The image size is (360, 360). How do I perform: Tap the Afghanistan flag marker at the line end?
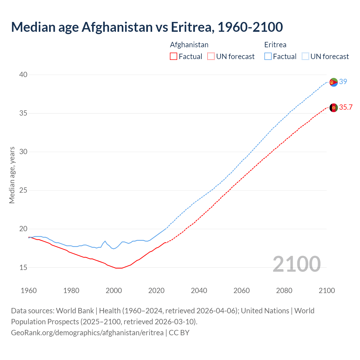(334, 107)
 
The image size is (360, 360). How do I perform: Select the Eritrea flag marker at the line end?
(334, 82)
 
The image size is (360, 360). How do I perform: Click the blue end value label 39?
(343, 82)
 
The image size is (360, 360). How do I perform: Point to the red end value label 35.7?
(346, 107)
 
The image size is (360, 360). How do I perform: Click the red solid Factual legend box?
(174, 57)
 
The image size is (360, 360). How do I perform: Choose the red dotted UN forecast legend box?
(211, 57)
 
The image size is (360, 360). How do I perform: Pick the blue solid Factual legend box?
(268, 57)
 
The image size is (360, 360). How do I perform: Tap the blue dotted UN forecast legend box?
(305, 57)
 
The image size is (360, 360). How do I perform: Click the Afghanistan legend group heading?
(189, 45)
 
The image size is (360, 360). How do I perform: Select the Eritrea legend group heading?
(275, 45)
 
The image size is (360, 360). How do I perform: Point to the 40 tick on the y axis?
(23, 75)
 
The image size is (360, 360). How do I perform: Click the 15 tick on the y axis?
(23, 267)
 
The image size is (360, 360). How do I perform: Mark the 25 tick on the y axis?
(23, 190)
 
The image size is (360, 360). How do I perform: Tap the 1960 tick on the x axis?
(29, 290)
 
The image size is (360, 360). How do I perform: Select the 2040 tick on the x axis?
(199, 290)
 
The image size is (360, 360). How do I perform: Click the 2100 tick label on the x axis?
(327, 290)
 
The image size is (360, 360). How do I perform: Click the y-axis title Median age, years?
(12, 175)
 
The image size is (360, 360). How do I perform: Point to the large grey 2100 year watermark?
(296, 264)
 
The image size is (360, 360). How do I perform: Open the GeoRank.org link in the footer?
(87, 332)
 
